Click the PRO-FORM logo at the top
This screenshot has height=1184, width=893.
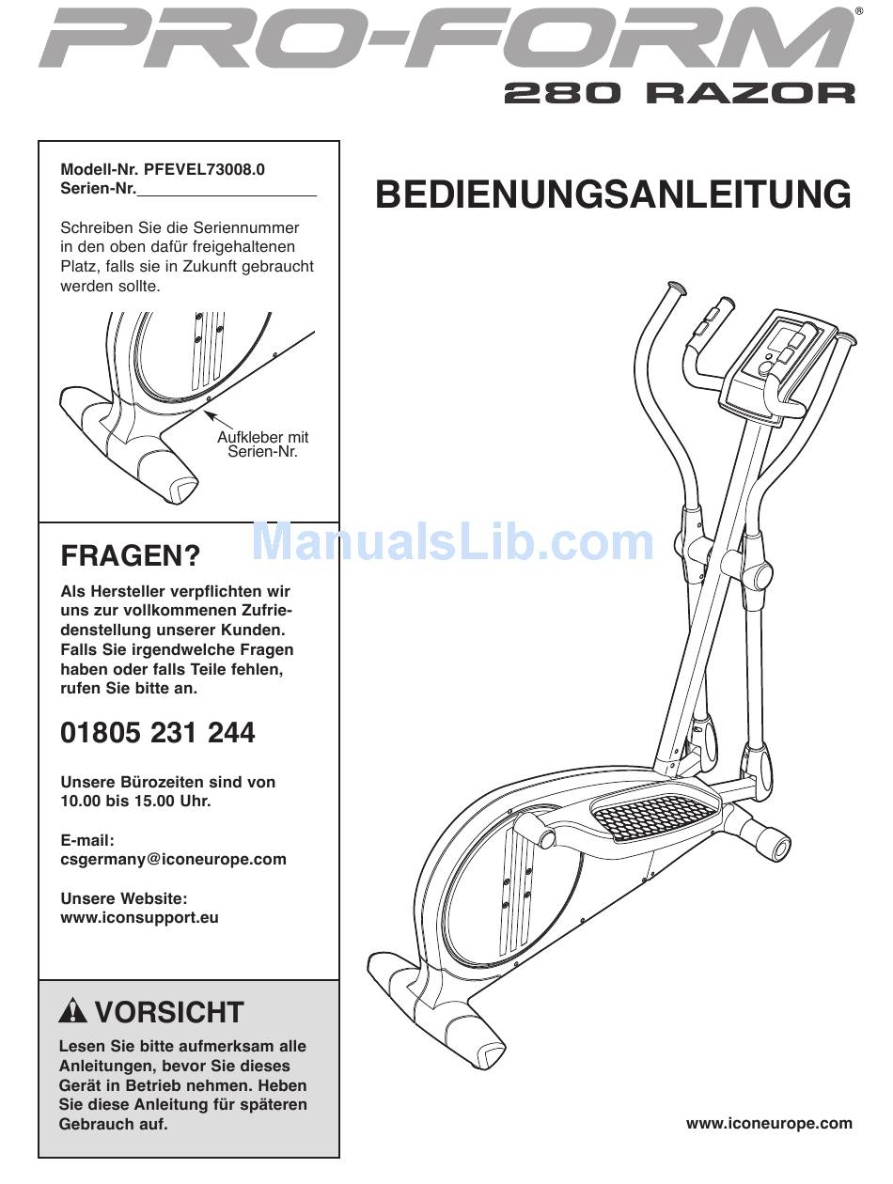pos(446,39)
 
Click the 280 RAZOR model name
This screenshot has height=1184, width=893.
pos(680,94)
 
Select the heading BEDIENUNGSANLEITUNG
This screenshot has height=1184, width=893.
pos(613,195)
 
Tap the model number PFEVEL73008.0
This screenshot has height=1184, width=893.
pos(205,170)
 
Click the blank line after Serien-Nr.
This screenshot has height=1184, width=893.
pos(227,190)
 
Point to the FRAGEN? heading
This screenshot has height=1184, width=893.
pos(131,556)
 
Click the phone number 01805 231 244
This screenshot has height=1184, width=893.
pos(158,733)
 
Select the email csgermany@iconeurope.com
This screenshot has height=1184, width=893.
pos(174,859)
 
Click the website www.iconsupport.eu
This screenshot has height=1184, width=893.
pos(140,917)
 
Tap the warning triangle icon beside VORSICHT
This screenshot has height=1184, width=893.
pos(72,1011)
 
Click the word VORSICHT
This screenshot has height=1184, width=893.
pos(169,1012)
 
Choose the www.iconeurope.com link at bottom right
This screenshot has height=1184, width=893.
pos(769,1123)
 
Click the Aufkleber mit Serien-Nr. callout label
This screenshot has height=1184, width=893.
pos(262,444)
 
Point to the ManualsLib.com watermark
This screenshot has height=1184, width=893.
pos(454,542)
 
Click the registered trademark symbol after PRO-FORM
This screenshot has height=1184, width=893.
pos(858,12)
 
